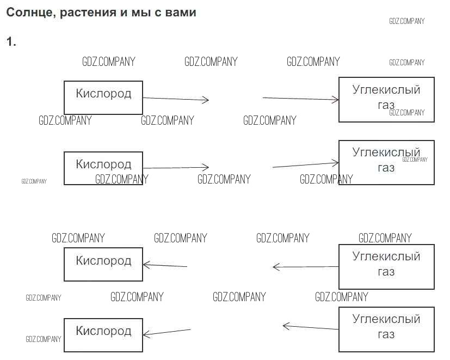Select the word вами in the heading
pyautogui.click(x=178, y=12)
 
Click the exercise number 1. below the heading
pyautogui.click(x=11, y=42)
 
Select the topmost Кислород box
pyautogui.click(x=103, y=97)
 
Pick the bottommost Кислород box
pyautogui.click(x=103, y=335)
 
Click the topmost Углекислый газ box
pyautogui.click(x=386, y=99)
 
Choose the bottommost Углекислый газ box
pyautogui.click(x=386, y=329)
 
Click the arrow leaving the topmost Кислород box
pyautogui.click(x=176, y=99)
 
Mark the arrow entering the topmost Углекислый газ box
pyautogui.click(x=301, y=99)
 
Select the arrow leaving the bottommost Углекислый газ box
pyautogui.click(x=311, y=327)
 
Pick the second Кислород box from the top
pyautogui.click(x=103, y=168)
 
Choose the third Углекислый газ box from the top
pyautogui.click(x=386, y=266)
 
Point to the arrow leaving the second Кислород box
pyautogui.click(x=176, y=168)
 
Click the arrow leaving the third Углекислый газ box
pyautogui.click(x=305, y=267)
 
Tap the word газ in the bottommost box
pyautogui.click(x=386, y=334)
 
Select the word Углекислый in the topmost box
pyautogui.click(x=386, y=90)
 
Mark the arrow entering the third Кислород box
pyautogui.click(x=165, y=266)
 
